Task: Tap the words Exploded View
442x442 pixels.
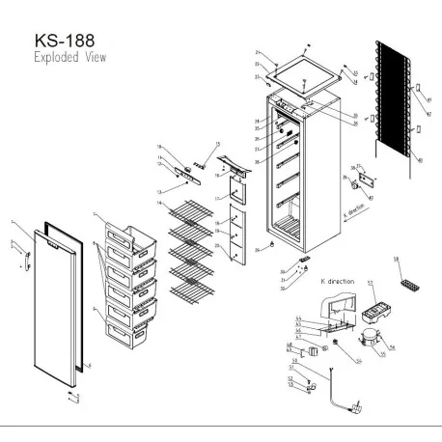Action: click(70, 59)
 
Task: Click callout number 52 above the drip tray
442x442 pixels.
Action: click(368, 283)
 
